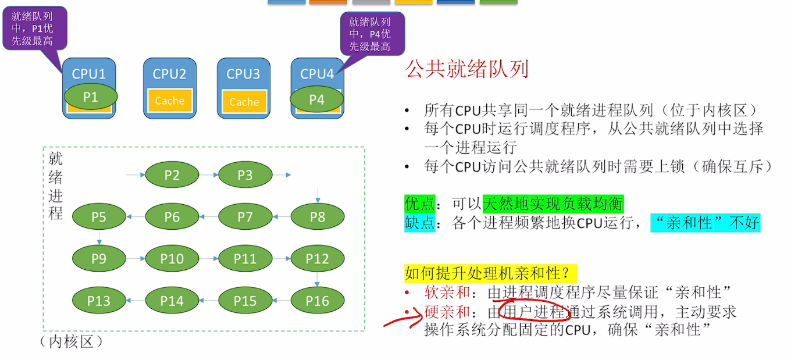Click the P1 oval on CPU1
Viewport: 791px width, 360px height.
[x=91, y=97]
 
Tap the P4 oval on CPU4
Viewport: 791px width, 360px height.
[x=316, y=99]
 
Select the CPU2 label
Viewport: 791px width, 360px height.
[x=169, y=74]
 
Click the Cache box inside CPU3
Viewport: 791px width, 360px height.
[x=244, y=102]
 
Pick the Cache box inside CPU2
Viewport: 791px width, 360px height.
[x=169, y=101]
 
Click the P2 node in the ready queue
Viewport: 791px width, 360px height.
[x=172, y=175]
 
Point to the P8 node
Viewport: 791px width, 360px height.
[x=317, y=217]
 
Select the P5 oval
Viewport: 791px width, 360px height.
[x=99, y=217]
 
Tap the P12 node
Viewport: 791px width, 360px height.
[x=317, y=259]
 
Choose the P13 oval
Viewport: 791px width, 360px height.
[x=99, y=301]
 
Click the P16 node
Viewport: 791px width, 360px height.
[x=317, y=301]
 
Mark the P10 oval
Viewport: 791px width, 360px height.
[x=172, y=259]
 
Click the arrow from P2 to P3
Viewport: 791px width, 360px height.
[x=208, y=174]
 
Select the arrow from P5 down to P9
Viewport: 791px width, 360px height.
[x=99, y=237]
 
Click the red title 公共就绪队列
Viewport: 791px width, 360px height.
[x=466, y=69]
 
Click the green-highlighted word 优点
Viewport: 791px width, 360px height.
[x=420, y=204]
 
